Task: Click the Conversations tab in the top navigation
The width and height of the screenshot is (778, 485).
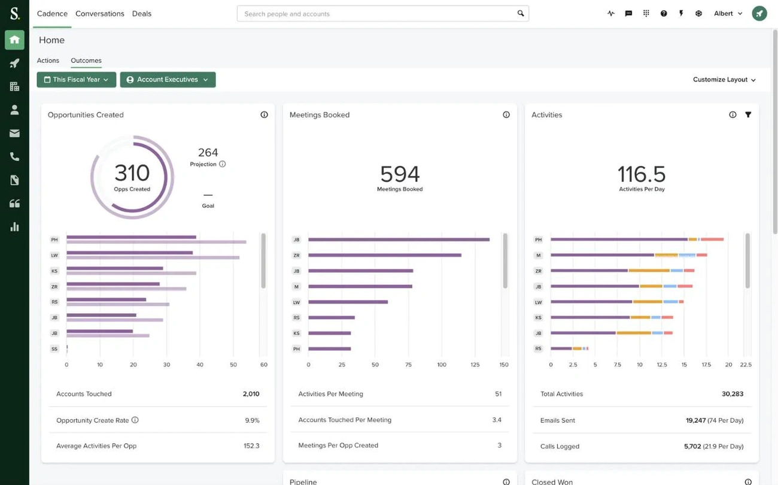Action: pos(99,14)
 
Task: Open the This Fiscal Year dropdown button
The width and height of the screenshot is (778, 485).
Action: pos(76,80)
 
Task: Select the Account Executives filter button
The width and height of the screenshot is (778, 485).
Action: pos(168,80)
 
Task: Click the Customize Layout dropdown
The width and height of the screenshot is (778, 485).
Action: pos(724,80)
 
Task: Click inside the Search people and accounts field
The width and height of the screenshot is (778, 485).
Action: pos(377,14)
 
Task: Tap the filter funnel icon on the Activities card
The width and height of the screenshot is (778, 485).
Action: pos(748,114)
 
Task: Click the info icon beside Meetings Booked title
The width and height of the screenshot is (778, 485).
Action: pos(506,114)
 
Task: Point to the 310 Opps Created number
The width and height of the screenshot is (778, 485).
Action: pos(132,173)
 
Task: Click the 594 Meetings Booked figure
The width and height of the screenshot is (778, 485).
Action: pos(400,174)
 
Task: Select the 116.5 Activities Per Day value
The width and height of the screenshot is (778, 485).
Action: pos(642,174)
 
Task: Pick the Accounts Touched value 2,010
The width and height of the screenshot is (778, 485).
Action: pos(251,394)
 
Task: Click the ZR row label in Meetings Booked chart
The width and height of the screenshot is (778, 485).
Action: pos(296,255)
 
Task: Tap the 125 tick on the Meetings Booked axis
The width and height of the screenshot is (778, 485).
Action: pos(475,365)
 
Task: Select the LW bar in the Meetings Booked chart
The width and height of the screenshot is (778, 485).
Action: pos(348,302)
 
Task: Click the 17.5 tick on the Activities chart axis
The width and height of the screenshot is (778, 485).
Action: pos(706,365)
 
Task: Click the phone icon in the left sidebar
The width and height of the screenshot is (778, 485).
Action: pos(14,157)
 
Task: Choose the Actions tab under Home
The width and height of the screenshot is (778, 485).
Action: pos(48,60)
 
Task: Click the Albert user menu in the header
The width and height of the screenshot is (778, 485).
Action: pos(728,14)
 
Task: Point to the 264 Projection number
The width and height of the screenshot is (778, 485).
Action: pos(208,153)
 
